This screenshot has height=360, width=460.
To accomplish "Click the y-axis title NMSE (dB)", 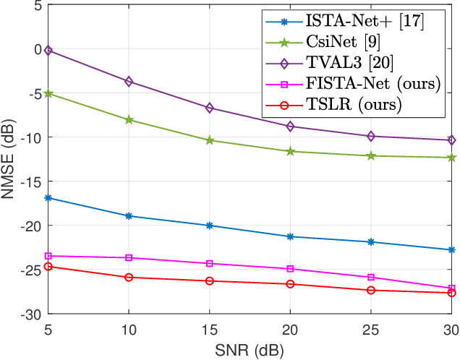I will (9, 159).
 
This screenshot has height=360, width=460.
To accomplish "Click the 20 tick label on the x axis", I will (291, 329).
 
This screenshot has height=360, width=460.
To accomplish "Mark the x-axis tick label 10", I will (129, 329).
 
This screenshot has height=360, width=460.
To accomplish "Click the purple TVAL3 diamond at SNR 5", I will (48, 50).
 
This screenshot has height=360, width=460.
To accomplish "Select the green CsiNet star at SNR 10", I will (129, 119).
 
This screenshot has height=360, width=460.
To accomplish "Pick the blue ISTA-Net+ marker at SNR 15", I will (210, 226).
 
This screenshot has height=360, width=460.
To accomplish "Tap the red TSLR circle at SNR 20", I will (291, 284).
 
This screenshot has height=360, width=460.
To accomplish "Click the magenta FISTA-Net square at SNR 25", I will (372, 278).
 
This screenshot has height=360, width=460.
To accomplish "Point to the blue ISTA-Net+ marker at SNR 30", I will (452, 250).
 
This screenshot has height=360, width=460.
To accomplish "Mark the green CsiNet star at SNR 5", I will (48, 93).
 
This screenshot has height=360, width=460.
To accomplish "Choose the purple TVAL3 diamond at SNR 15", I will (210, 108).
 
